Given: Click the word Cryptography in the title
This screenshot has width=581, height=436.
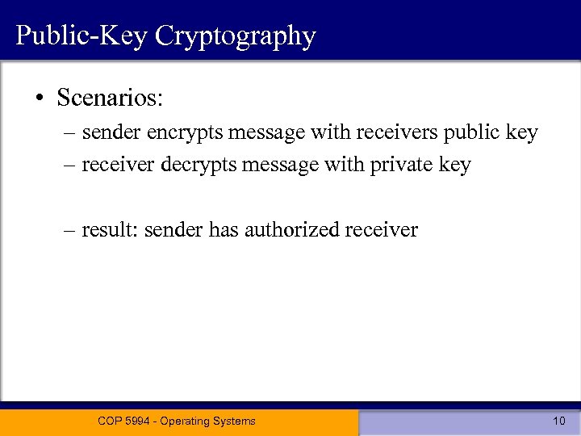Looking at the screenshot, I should (x=236, y=36).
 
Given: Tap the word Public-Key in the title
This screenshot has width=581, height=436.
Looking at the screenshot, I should (x=81, y=36).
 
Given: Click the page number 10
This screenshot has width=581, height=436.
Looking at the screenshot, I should (x=559, y=421).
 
